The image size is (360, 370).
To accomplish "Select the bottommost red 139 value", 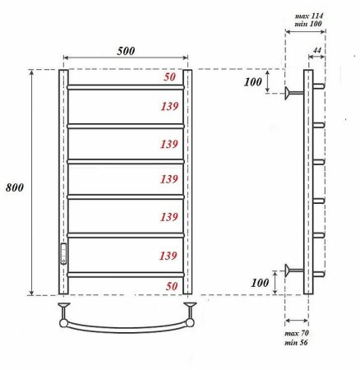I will (168, 255).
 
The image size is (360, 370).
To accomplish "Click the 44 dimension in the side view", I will (316, 53).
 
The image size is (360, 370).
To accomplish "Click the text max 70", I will (297, 334).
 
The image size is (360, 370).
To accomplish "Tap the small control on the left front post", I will (62, 254).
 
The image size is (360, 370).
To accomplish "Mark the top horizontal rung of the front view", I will (125, 86).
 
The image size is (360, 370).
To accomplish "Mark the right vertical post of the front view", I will (187, 182).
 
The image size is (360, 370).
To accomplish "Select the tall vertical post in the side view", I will (308, 182).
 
